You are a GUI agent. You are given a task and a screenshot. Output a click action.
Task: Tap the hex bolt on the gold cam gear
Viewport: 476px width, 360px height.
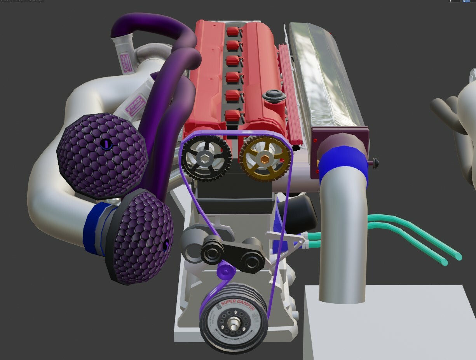point(265,158)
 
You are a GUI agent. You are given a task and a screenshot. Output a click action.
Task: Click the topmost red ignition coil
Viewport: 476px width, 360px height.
point(233,31)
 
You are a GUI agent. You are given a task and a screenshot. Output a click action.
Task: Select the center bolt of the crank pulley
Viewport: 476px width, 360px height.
point(234,323)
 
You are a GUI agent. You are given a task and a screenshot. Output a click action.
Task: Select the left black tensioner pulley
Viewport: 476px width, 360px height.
point(212,251)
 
